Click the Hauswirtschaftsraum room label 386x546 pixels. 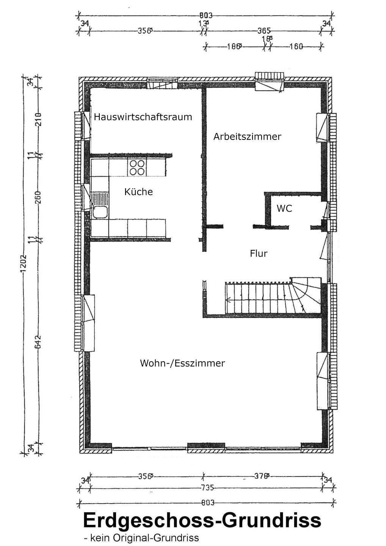143,117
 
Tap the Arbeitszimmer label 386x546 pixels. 247,136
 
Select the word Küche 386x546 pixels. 138,192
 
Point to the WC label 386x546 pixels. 284,208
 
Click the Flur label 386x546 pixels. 259,253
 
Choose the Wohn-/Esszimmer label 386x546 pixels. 182,363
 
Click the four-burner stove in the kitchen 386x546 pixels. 137,167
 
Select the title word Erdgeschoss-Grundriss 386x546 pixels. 202,521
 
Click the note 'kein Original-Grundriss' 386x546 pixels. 141,538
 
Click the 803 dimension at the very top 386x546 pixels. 206,16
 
